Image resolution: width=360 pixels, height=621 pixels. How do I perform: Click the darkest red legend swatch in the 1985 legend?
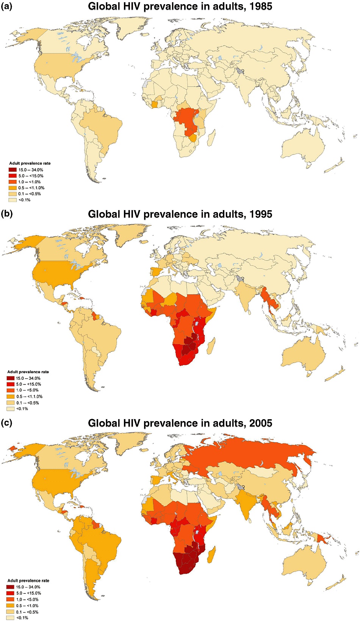coord(13,170)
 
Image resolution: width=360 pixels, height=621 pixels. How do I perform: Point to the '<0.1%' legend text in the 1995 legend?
coord(22,409)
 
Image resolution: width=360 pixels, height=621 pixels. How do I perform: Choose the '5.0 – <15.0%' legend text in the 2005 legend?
coord(28,593)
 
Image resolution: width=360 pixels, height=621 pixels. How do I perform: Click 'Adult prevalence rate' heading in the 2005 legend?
coord(28,580)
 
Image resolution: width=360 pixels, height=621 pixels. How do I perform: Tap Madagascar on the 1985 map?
coord(212,137)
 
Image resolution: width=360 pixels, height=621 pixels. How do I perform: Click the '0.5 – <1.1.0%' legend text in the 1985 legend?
coord(31,188)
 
